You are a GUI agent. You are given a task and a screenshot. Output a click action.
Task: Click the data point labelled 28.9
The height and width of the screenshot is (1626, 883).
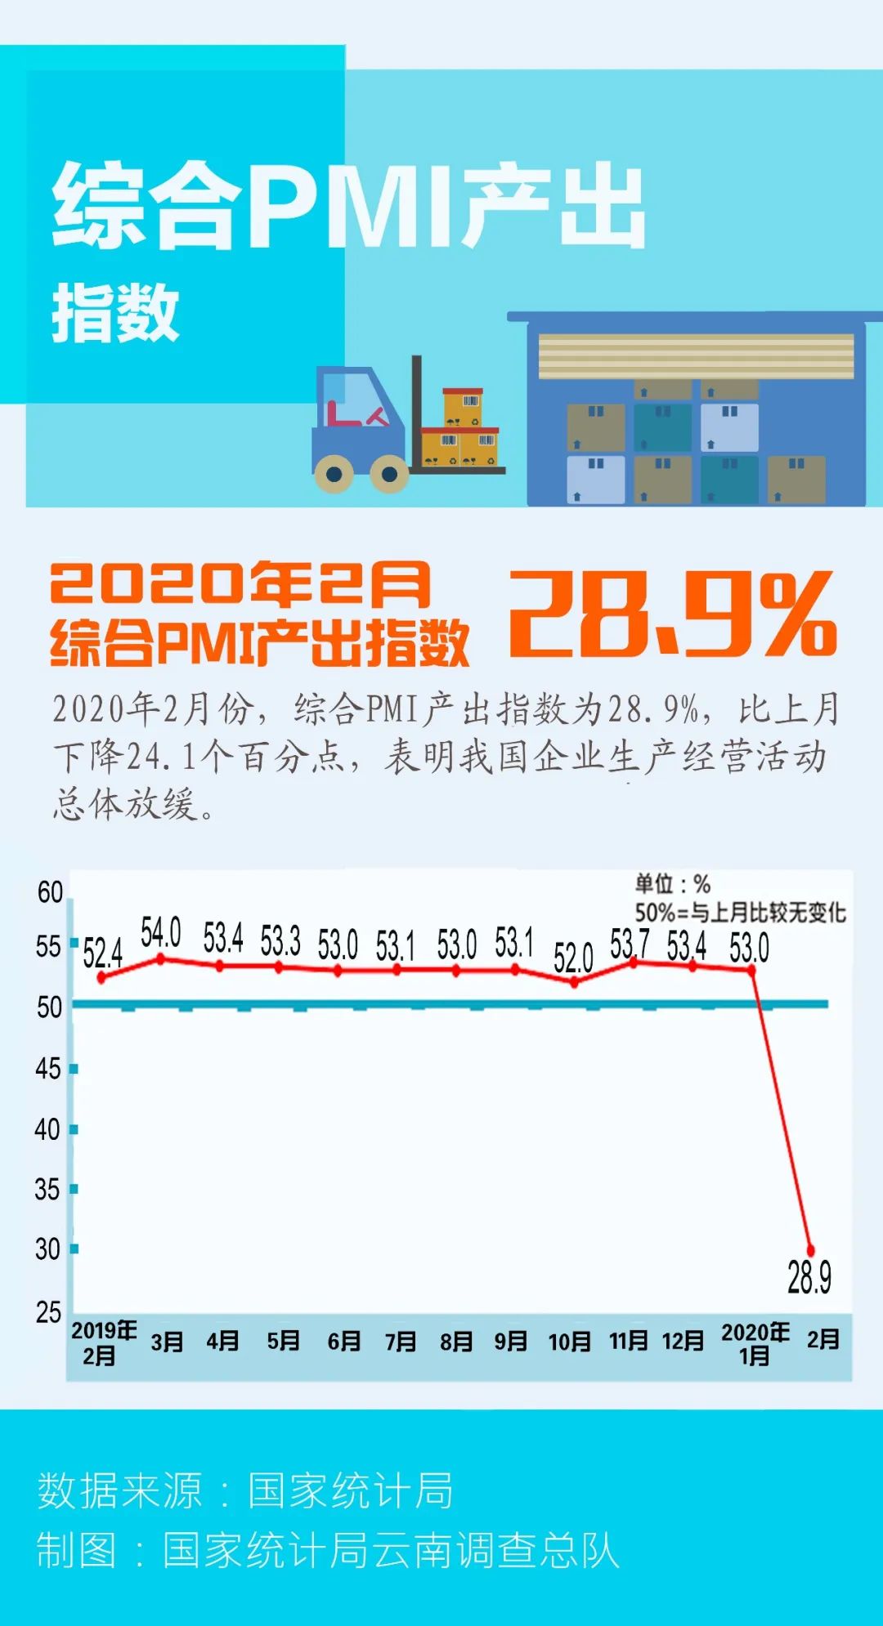point(811,1250)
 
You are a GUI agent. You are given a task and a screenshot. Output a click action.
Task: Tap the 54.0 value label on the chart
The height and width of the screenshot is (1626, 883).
point(160,932)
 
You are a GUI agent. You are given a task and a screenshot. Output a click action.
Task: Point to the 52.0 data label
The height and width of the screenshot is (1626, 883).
point(572,957)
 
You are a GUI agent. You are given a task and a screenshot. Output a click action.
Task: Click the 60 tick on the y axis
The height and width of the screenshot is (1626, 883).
point(50,892)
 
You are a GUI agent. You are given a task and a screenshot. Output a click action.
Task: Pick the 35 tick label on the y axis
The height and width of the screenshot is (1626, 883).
point(47,1189)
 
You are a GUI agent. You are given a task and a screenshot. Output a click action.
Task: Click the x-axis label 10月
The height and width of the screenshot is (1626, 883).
point(569,1342)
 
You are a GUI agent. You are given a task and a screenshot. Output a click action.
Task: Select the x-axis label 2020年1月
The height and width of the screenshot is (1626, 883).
point(755,1343)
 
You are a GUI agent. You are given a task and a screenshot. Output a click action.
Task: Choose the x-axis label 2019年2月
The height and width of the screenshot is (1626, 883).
point(103,1343)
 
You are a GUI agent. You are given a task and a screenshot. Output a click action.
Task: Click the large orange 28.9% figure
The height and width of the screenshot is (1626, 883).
point(672,613)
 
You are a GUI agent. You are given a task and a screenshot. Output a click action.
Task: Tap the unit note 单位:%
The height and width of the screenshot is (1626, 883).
point(672,884)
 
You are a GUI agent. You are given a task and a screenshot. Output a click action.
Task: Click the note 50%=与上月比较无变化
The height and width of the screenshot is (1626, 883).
point(740,912)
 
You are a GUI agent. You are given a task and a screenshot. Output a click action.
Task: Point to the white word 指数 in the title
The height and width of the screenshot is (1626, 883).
point(115,313)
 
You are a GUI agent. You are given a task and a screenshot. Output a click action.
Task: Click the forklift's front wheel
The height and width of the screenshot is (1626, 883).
point(389,474)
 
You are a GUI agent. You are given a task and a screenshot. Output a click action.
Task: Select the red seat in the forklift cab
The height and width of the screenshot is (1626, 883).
point(353,416)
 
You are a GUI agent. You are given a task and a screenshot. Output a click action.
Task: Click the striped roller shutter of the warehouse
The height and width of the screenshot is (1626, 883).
point(696,355)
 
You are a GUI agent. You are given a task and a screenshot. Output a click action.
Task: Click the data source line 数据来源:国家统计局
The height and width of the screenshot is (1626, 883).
point(244,1490)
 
